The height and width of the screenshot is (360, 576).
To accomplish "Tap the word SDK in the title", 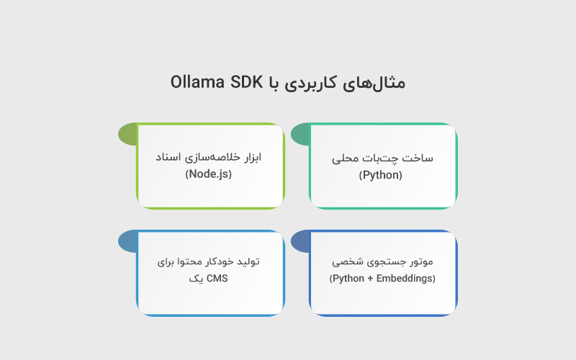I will pyautogui.click(x=247, y=82).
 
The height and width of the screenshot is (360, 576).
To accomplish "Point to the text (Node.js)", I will pyautogui.click(x=209, y=174).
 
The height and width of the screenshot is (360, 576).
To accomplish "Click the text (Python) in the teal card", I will pyautogui.click(x=381, y=174).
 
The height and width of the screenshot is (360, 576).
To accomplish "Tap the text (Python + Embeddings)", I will pyautogui.click(x=382, y=278).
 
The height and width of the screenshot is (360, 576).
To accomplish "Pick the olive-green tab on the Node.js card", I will pyautogui.click(x=127, y=134).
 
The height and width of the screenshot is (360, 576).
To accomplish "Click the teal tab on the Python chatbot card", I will pyautogui.click(x=300, y=134).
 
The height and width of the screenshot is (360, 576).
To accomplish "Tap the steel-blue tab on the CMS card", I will pyautogui.click(x=127, y=242).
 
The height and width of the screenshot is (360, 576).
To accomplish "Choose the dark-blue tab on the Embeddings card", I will pyautogui.click(x=300, y=242).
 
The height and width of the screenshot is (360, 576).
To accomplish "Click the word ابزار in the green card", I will pyautogui.click(x=249, y=157).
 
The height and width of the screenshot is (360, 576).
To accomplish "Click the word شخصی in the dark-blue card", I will pyautogui.click(x=347, y=261).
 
